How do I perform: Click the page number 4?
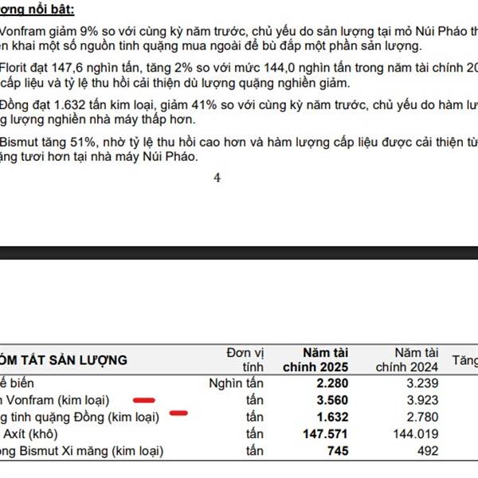point(217,178)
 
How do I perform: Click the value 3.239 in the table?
point(418,383)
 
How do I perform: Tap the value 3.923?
point(418,400)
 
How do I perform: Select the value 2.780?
point(418,417)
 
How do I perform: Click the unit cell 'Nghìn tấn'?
point(236,383)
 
